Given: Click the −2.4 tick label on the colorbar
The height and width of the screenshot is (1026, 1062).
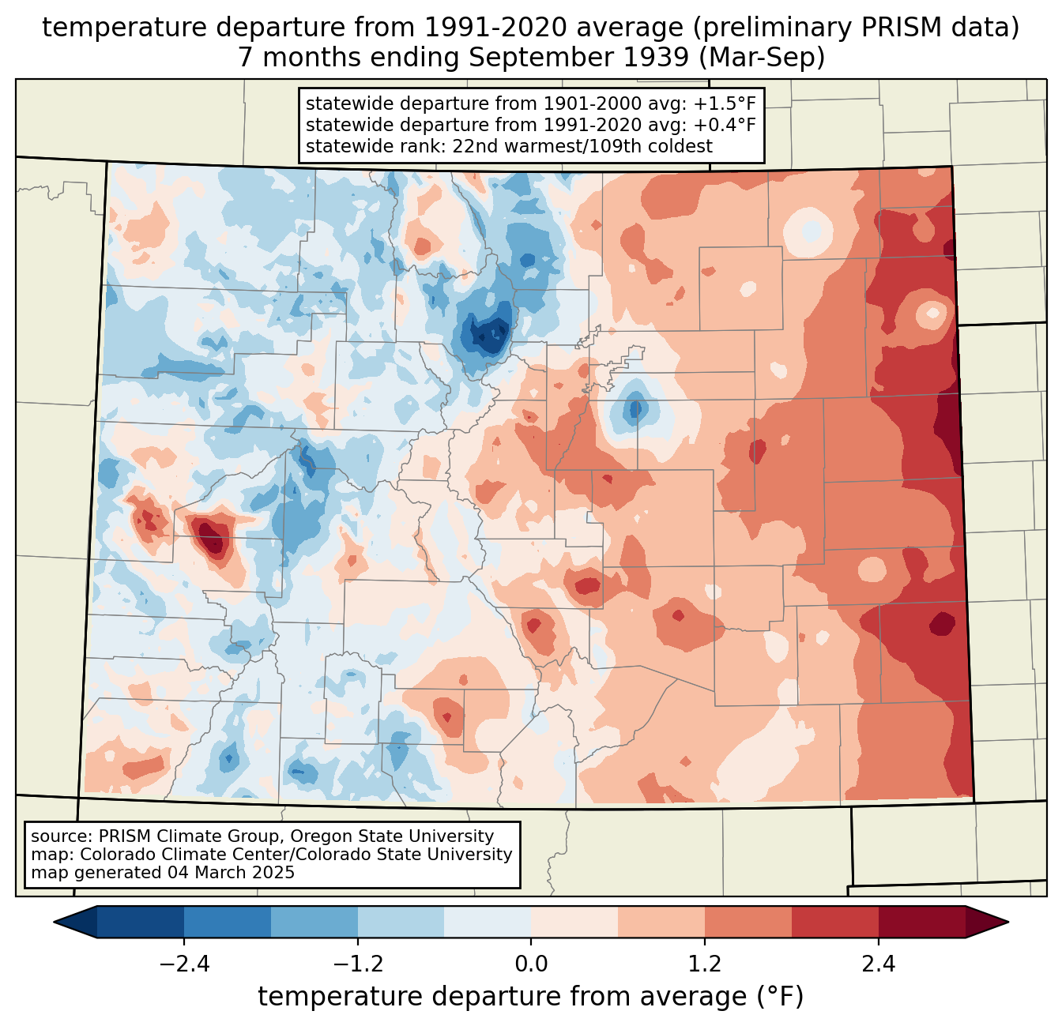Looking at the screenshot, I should pos(183,964).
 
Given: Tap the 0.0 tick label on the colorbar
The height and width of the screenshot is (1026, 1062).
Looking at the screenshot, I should pos(531,964).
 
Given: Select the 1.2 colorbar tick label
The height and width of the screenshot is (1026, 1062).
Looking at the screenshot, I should pos(705,964).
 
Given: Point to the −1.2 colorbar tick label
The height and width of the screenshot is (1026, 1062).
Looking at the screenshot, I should pos(357,964).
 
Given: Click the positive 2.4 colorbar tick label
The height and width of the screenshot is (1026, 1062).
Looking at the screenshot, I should pos(879,964).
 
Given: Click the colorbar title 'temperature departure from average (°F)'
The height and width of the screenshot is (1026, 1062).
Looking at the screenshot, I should pos(531,997).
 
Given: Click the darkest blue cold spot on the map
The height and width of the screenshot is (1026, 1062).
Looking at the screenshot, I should pos(486,335).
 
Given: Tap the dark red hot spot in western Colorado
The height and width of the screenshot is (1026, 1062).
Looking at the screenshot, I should pos(210,537).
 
